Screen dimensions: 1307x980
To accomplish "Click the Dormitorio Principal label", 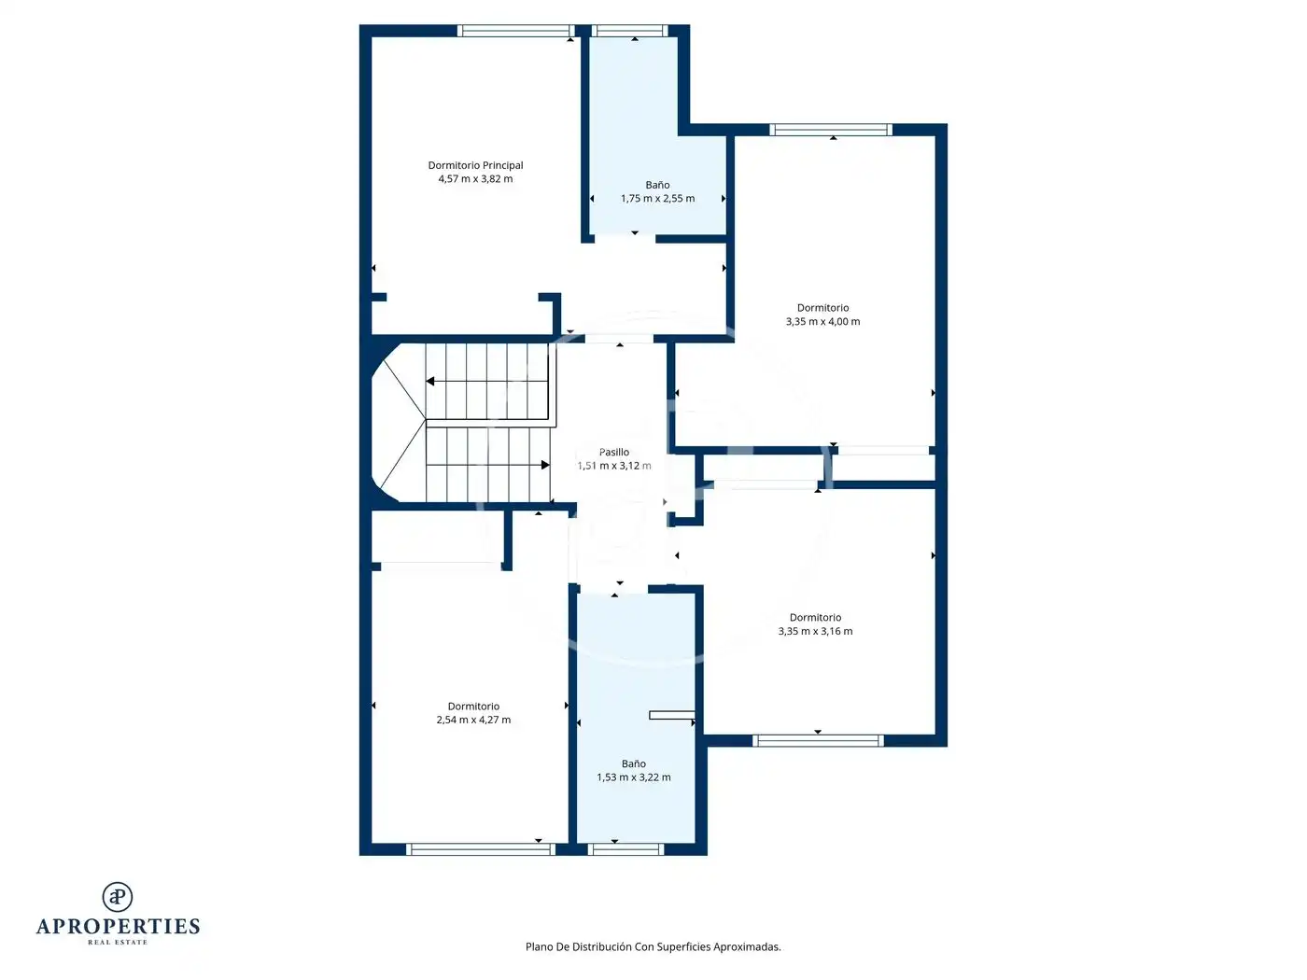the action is [475, 165].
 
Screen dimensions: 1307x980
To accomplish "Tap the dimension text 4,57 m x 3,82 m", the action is [475, 179].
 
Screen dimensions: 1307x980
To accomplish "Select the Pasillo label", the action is [614, 453].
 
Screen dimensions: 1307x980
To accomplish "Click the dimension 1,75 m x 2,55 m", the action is [657, 199].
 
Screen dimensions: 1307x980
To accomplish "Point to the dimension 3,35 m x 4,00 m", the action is [822, 322].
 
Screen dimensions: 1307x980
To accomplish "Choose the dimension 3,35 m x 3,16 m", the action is [815, 631].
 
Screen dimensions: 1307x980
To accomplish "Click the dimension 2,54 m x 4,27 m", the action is [473, 720].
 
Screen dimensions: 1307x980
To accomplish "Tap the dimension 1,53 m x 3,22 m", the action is [634, 777].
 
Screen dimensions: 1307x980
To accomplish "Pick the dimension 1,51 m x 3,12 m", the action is [614, 466].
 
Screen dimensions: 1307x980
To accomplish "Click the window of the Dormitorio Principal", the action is [515, 31].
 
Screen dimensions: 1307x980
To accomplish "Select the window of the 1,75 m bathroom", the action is [630, 31].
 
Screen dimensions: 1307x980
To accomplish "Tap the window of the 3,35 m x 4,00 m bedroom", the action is [831, 130].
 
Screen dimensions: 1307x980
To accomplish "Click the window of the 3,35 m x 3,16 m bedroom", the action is [818, 741].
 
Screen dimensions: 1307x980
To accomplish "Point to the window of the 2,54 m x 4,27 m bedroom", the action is [481, 849].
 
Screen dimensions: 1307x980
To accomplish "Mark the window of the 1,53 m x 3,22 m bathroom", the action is [625, 849].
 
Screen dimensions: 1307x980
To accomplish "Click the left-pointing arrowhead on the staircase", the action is [430, 382].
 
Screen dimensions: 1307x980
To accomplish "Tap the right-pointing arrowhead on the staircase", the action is [545, 465].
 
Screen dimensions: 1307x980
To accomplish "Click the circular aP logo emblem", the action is [118, 897].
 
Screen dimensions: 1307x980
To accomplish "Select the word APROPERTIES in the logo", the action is [118, 927].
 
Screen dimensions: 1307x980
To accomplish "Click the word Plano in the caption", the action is [539, 946].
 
